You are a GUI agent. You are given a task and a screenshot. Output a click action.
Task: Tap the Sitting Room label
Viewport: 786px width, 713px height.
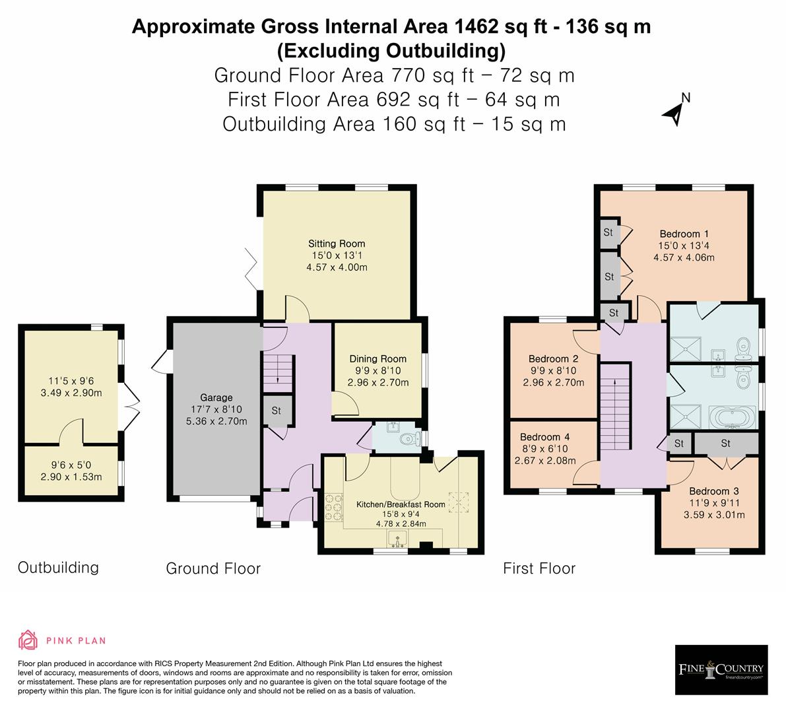coord(336,244)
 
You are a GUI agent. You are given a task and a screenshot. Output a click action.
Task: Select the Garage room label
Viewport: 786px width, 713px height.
coord(216,397)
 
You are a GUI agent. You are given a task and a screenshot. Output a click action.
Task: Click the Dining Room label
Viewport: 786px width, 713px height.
coord(377,359)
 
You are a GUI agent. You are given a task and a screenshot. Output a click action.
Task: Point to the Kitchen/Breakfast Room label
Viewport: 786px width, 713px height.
coord(401,504)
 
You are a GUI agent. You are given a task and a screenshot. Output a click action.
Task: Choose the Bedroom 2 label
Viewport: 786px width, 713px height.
coord(553,359)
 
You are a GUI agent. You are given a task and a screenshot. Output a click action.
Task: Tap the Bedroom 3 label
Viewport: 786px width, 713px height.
coord(713,491)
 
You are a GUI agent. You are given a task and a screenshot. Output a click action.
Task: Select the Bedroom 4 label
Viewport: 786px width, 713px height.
coord(544,437)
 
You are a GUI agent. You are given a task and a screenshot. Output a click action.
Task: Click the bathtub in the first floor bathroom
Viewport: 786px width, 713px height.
coord(732,417)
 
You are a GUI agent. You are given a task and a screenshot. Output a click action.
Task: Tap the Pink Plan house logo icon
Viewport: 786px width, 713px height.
coord(28,640)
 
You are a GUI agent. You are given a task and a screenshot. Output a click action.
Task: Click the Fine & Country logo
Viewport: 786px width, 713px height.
coord(721,669)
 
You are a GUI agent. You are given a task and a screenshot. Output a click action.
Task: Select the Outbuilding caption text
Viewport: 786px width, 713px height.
coord(58,567)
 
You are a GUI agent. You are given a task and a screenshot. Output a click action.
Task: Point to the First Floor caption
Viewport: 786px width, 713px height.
coord(539,568)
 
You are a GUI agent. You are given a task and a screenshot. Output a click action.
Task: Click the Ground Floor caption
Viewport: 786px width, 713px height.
coord(213,568)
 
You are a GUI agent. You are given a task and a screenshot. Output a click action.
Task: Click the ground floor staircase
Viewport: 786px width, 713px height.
coord(277,370)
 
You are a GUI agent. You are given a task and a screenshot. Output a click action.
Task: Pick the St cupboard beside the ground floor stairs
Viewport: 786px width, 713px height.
coord(277,411)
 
